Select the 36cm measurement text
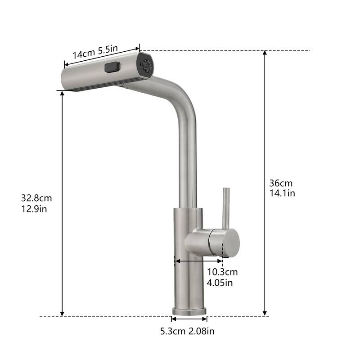pos(280,183)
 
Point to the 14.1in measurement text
pos(282,193)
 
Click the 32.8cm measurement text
pos(36,198)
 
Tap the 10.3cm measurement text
pos(222,272)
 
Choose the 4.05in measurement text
pos(220,283)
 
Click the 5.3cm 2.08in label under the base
pos(187,332)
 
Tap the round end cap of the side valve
pos(230,243)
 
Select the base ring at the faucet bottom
pos(189,311)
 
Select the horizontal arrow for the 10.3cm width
pos(198,261)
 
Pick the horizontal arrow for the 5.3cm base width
pos(189,319)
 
